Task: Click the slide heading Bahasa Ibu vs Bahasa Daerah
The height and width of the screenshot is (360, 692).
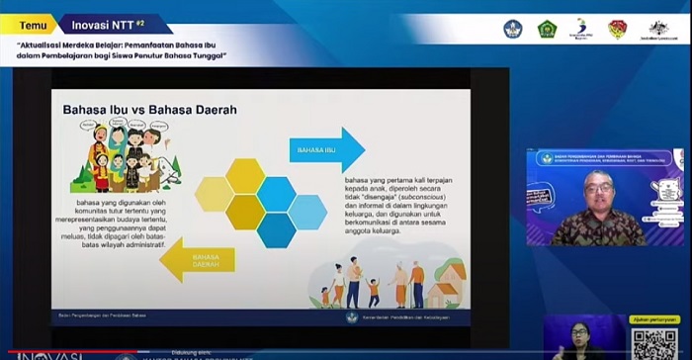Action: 149,110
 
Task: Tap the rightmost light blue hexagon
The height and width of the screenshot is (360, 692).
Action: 307,212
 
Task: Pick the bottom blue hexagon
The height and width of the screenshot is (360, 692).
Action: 277,229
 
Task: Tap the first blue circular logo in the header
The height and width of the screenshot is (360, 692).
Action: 512,29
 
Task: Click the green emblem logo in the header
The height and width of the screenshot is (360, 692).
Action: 547,29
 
